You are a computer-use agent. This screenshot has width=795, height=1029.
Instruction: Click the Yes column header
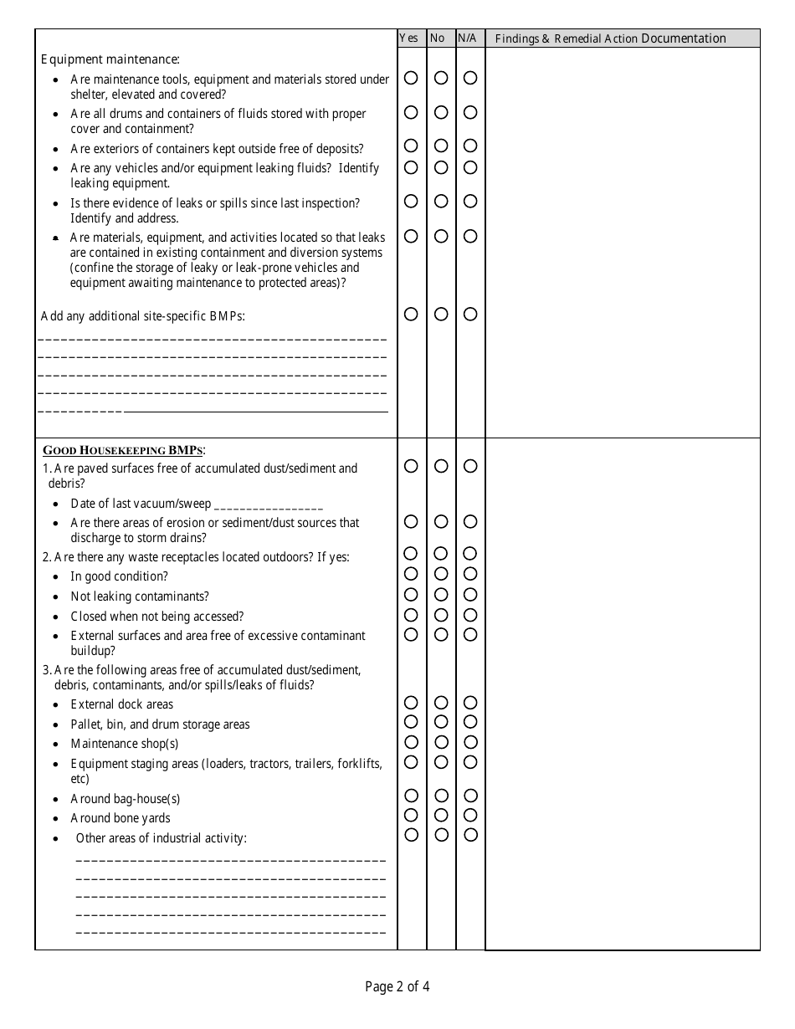409,38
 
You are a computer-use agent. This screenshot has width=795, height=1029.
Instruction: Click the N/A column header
467,38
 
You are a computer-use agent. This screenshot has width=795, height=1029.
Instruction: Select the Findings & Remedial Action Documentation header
610,38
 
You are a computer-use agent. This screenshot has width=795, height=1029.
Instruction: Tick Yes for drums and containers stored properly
411,112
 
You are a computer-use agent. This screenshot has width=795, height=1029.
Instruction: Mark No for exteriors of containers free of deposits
441,146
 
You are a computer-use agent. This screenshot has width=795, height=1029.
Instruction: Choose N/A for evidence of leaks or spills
470,201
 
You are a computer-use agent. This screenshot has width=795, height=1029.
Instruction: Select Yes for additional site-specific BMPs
411,314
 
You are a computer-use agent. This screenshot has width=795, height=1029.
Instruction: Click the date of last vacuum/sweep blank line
269,505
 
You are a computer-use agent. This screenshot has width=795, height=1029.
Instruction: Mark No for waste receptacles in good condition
441,574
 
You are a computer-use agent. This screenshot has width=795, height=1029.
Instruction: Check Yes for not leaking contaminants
411,594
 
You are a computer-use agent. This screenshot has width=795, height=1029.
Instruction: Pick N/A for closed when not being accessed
470,615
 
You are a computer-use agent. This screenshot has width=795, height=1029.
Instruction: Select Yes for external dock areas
411,702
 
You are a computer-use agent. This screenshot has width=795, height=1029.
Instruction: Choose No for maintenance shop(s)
441,742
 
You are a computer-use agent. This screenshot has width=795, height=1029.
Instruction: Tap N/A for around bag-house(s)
470,795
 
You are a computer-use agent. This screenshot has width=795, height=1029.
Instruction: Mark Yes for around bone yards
411,815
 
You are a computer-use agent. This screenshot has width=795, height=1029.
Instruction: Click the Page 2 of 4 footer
397,987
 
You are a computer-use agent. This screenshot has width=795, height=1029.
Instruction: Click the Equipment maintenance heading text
110,59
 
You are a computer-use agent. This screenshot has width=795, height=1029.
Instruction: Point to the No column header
438,38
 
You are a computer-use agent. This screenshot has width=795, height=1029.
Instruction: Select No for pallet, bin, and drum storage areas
441,721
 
